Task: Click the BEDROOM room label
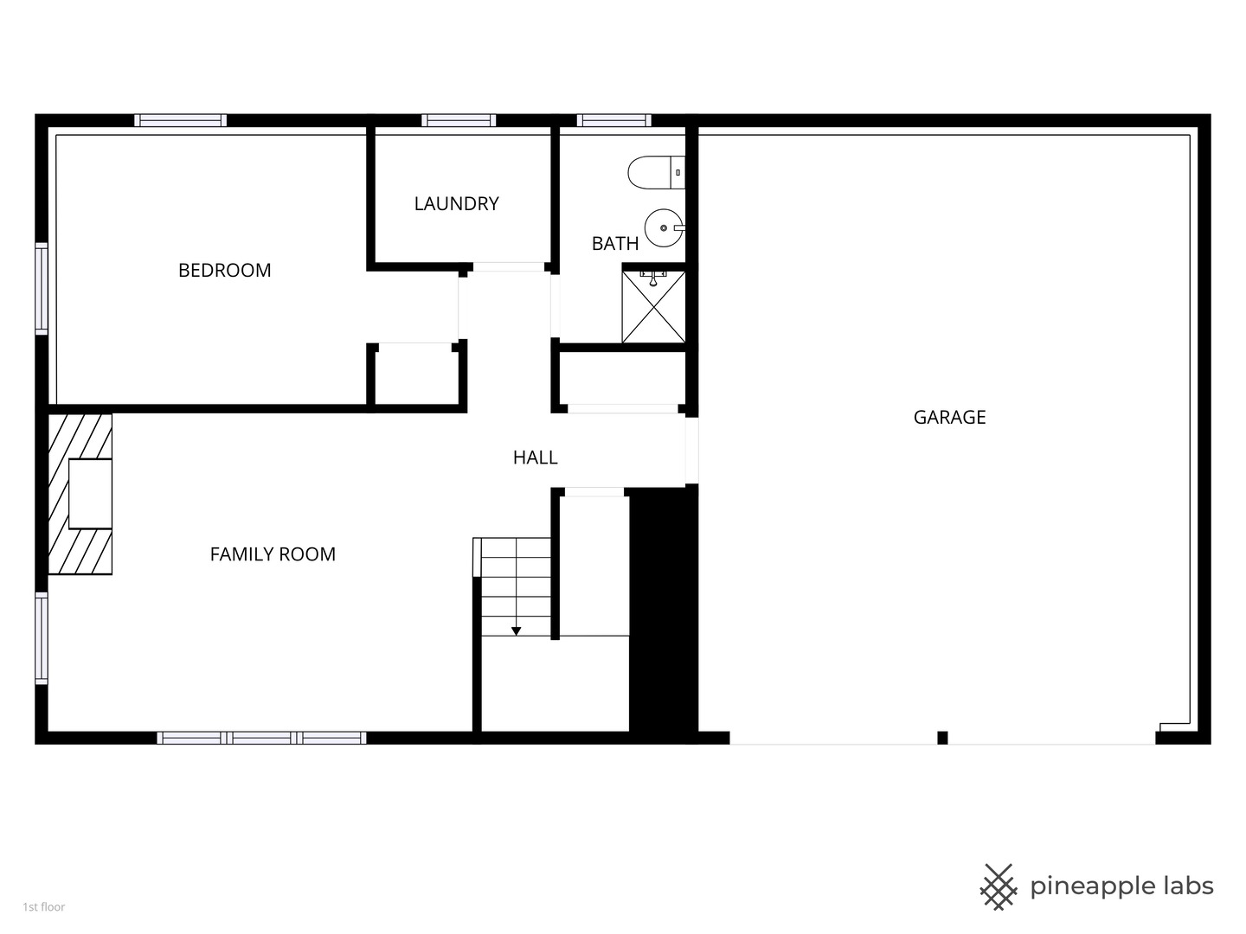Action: click(x=224, y=270)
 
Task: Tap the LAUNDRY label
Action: click(x=456, y=203)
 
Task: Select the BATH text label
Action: click(x=614, y=243)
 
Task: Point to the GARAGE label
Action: click(x=949, y=417)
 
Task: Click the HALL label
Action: click(x=535, y=457)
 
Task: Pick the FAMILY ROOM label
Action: click(x=273, y=553)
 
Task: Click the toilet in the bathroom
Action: click(x=656, y=172)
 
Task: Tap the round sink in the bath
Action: click(x=665, y=228)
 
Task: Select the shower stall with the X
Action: click(x=653, y=307)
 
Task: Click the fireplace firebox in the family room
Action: click(x=90, y=494)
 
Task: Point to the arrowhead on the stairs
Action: click(x=516, y=630)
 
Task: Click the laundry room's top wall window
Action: click(x=459, y=120)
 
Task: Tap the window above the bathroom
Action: click(x=614, y=120)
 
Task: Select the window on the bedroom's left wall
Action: click(x=42, y=289)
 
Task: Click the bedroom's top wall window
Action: click(x=181, y=120)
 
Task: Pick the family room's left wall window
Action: click(x=42, y=638)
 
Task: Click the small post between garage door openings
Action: click(x=942, y=738)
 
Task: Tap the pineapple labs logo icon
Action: click(x=999, y=887)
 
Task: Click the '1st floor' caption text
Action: click(x=44, y=907)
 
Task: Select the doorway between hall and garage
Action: click(x=691, y=451)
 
